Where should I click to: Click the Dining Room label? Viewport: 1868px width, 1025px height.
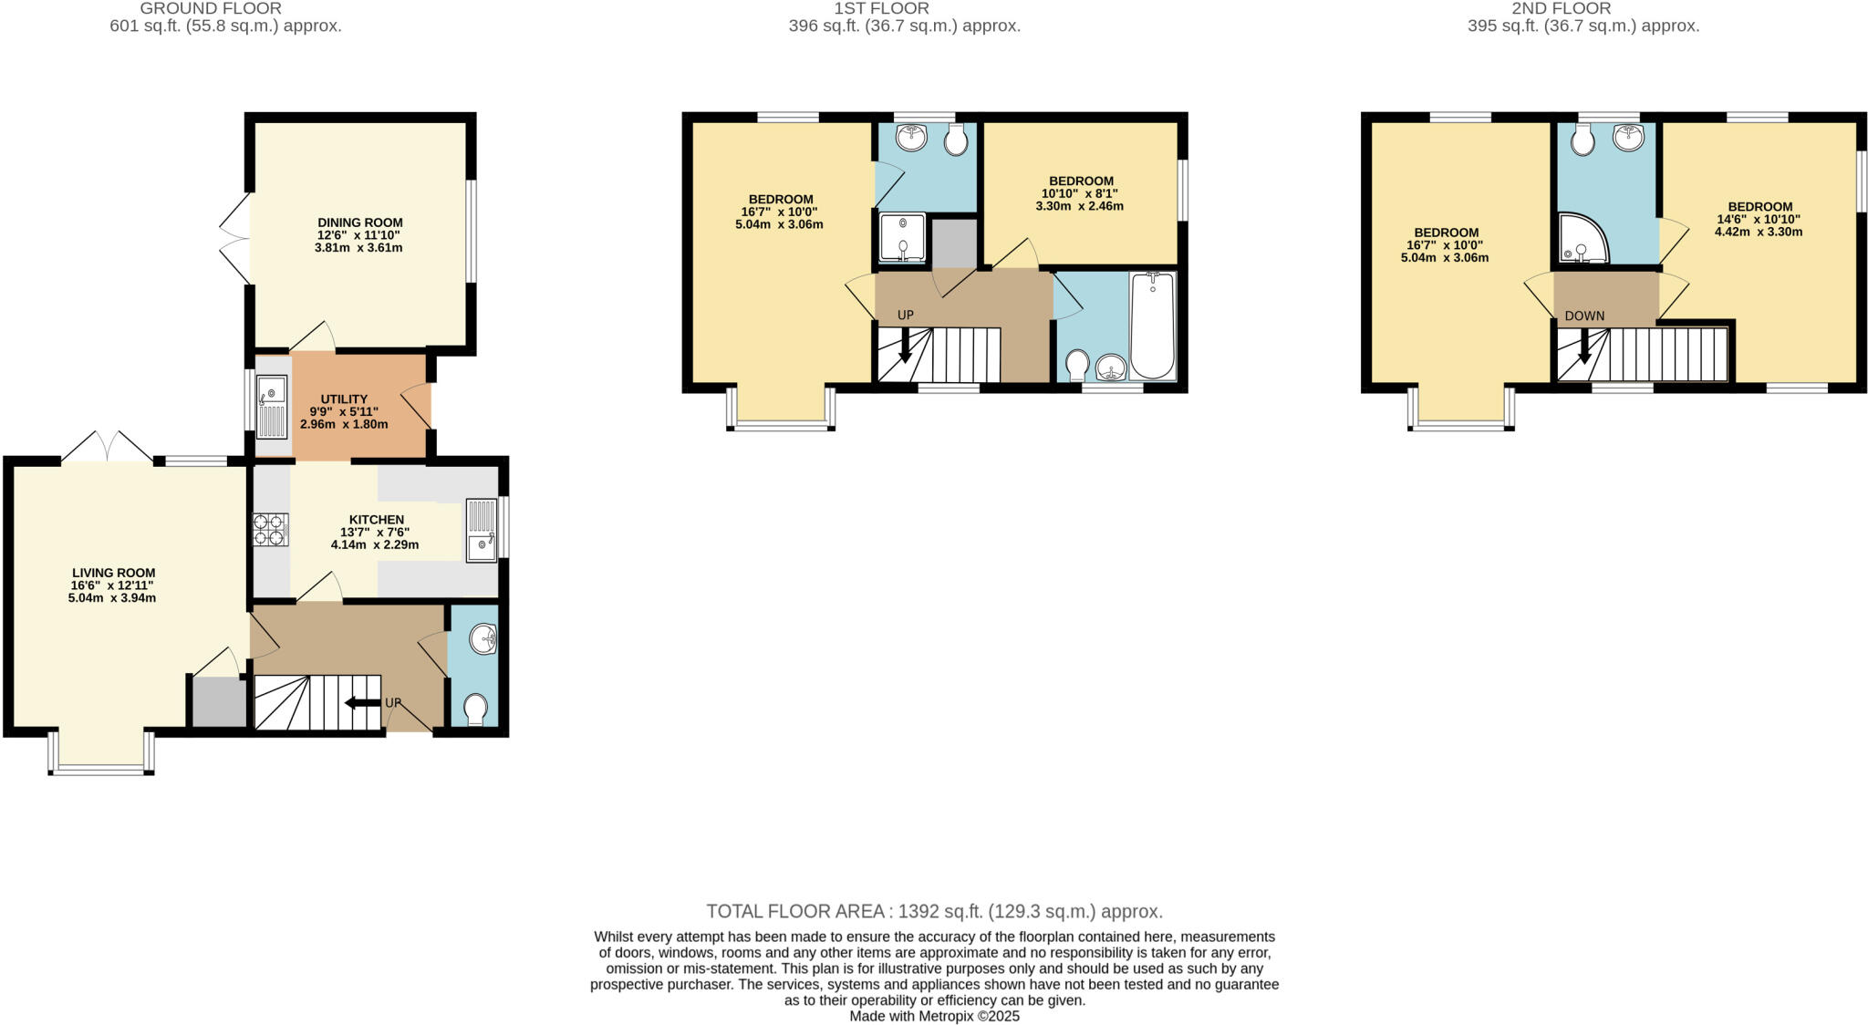click(x=360, y=223)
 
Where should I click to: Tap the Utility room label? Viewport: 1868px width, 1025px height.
click(x=344, y=399)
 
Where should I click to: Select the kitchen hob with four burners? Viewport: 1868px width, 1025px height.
click(x=270, y=530)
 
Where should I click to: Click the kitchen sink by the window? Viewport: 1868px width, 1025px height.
click(x=482, y=530)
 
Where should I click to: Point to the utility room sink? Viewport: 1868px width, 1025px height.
click(x=272, y=408)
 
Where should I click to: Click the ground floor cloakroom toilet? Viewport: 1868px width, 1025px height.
click(x=475, y=709)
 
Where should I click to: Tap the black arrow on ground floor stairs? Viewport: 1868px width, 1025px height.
click(x=362, y=702)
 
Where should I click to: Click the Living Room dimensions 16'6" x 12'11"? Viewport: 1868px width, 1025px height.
click(x=113, y=585)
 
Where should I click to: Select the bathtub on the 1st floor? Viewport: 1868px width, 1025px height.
click(x=1153, y=326)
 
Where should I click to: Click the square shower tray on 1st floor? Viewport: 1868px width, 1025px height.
click(x=902, y=238)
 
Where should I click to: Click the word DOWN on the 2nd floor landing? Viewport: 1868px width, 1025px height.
click(x=1584, y=316)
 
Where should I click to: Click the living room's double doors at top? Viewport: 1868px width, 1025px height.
click(x=108, y=448)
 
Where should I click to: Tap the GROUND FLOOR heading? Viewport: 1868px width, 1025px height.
click(x=210, y=8)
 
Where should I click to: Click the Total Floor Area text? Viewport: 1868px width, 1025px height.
click(x=934, y=911)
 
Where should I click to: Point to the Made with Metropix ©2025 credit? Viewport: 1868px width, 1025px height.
click(x=934, y=1016)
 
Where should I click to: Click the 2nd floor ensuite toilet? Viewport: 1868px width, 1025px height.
click(x=1583, y=140)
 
